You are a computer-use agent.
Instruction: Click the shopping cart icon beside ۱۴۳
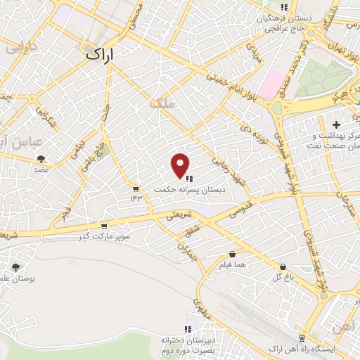tap(136, 188)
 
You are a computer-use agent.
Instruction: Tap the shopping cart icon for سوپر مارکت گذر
tap(104, 226)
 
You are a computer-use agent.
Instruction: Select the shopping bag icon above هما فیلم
tap(232, 255)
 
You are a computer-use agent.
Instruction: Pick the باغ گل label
tap(283, 277)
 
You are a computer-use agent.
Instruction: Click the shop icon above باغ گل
tap(283, 267)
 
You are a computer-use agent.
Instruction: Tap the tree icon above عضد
tap(41, 159)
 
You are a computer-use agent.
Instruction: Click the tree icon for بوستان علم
tap(15, 267)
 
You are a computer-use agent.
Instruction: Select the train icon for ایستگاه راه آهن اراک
tap(301, 338)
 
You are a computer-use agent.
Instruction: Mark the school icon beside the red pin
tap(189, 178)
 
